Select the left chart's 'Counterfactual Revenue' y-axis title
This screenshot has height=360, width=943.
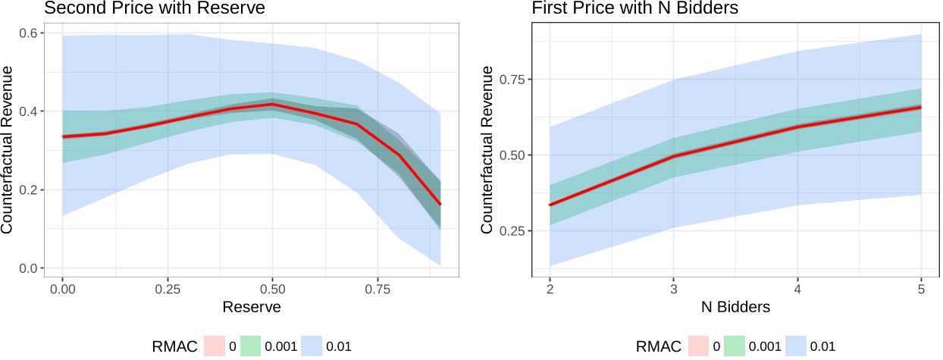tap(11, 151)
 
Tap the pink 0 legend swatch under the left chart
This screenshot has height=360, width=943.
tap(216, 346)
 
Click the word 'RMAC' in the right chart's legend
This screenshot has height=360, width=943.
tap(659, 346)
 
